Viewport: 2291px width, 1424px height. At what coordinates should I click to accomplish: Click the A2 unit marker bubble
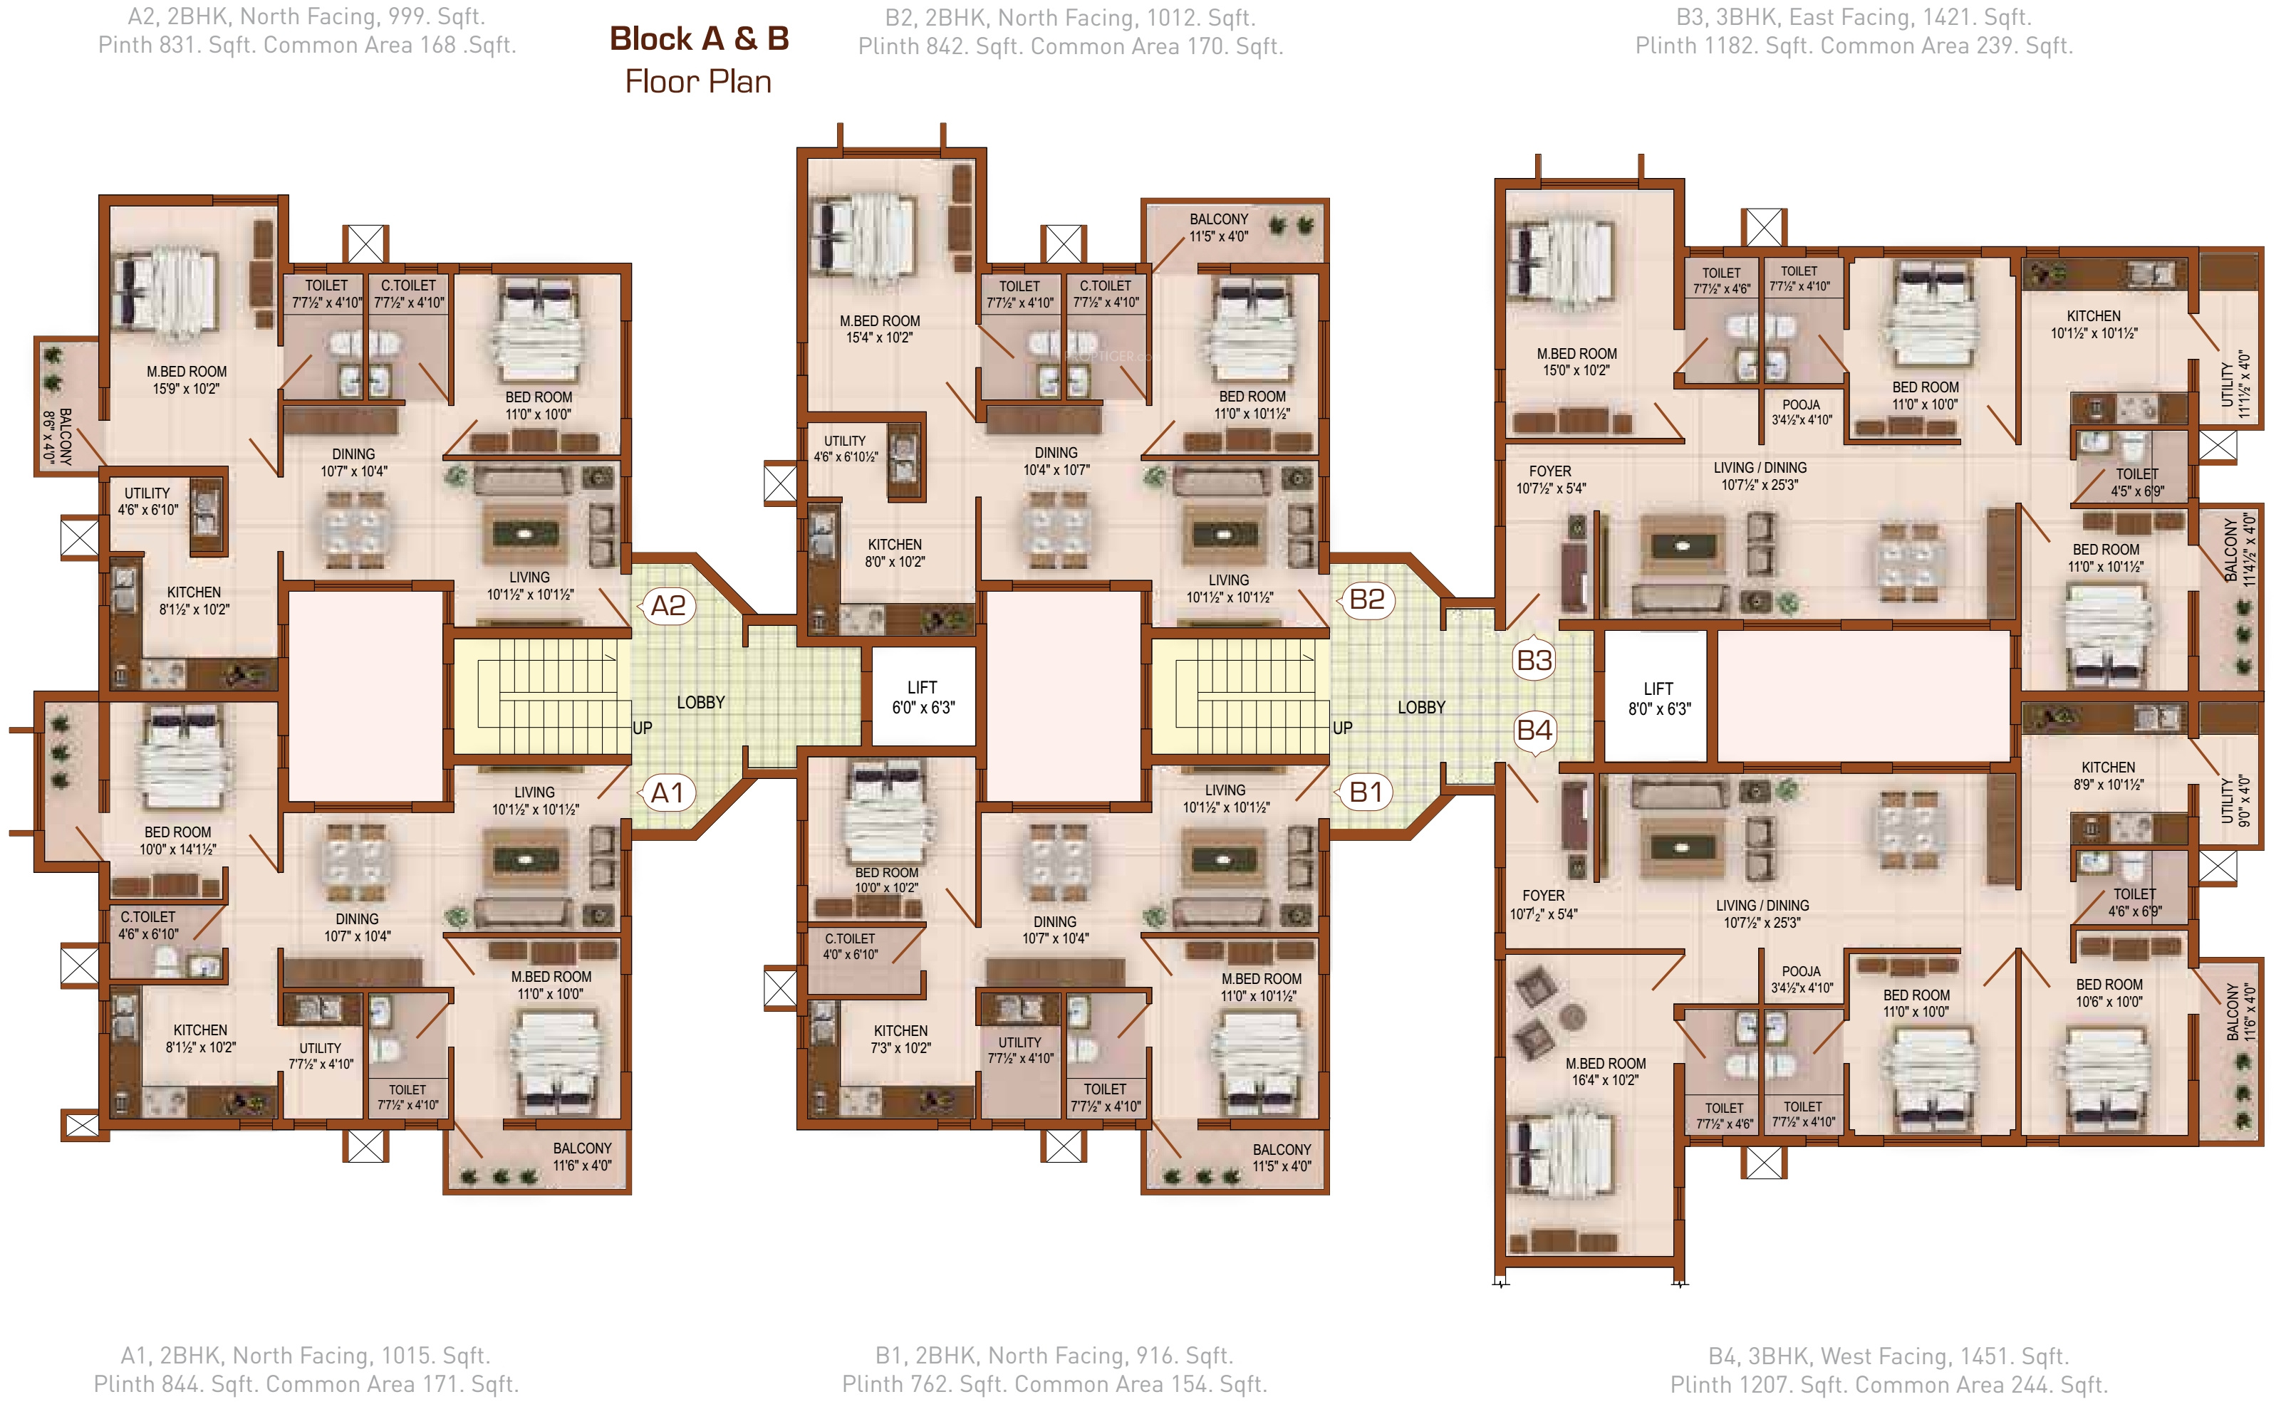(x=668, y=606)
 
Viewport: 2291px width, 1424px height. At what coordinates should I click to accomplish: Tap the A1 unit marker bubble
(x=668, y=793)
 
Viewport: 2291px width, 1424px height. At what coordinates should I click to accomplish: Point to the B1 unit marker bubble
(x=1366, y=792)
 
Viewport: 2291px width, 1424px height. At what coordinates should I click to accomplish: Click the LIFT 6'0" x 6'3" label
(x=923, y=698)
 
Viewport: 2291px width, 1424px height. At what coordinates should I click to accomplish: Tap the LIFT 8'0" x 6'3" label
(x=1659, y=698)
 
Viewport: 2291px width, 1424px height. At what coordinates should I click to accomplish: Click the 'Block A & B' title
(x=699, y=38)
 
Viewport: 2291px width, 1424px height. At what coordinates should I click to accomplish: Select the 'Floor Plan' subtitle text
(x=698, y=82)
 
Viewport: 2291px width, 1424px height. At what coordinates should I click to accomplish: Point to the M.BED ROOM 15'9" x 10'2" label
(x=187, y=380)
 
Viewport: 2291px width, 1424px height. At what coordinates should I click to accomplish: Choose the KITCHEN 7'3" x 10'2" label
(x=900, y=1040)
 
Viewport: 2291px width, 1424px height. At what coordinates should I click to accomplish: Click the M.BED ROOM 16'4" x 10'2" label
(x=1606, y=1072)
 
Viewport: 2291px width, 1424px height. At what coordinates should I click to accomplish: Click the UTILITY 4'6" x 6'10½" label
(x=845, y=449)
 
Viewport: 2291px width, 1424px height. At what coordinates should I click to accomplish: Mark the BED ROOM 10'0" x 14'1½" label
(x=177, y=841)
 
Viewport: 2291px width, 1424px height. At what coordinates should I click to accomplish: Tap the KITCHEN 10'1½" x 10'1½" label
(x=2094, y=325)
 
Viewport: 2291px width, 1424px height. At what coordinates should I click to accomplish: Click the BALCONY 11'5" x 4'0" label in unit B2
(x=1218, y=228)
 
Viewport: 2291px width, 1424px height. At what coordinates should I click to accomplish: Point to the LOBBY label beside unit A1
(x=701, y=703)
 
